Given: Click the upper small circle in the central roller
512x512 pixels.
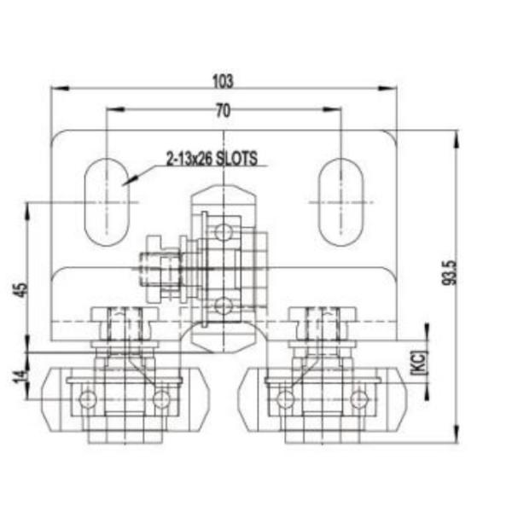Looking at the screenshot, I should coord(224,231).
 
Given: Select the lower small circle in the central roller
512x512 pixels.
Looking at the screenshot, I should coord(224,305).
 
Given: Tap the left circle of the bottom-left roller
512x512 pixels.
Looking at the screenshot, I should coord(87,399).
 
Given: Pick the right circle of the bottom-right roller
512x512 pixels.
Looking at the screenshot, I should coord(359,399).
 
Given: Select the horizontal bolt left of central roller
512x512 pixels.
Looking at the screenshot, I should coord(162,267).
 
